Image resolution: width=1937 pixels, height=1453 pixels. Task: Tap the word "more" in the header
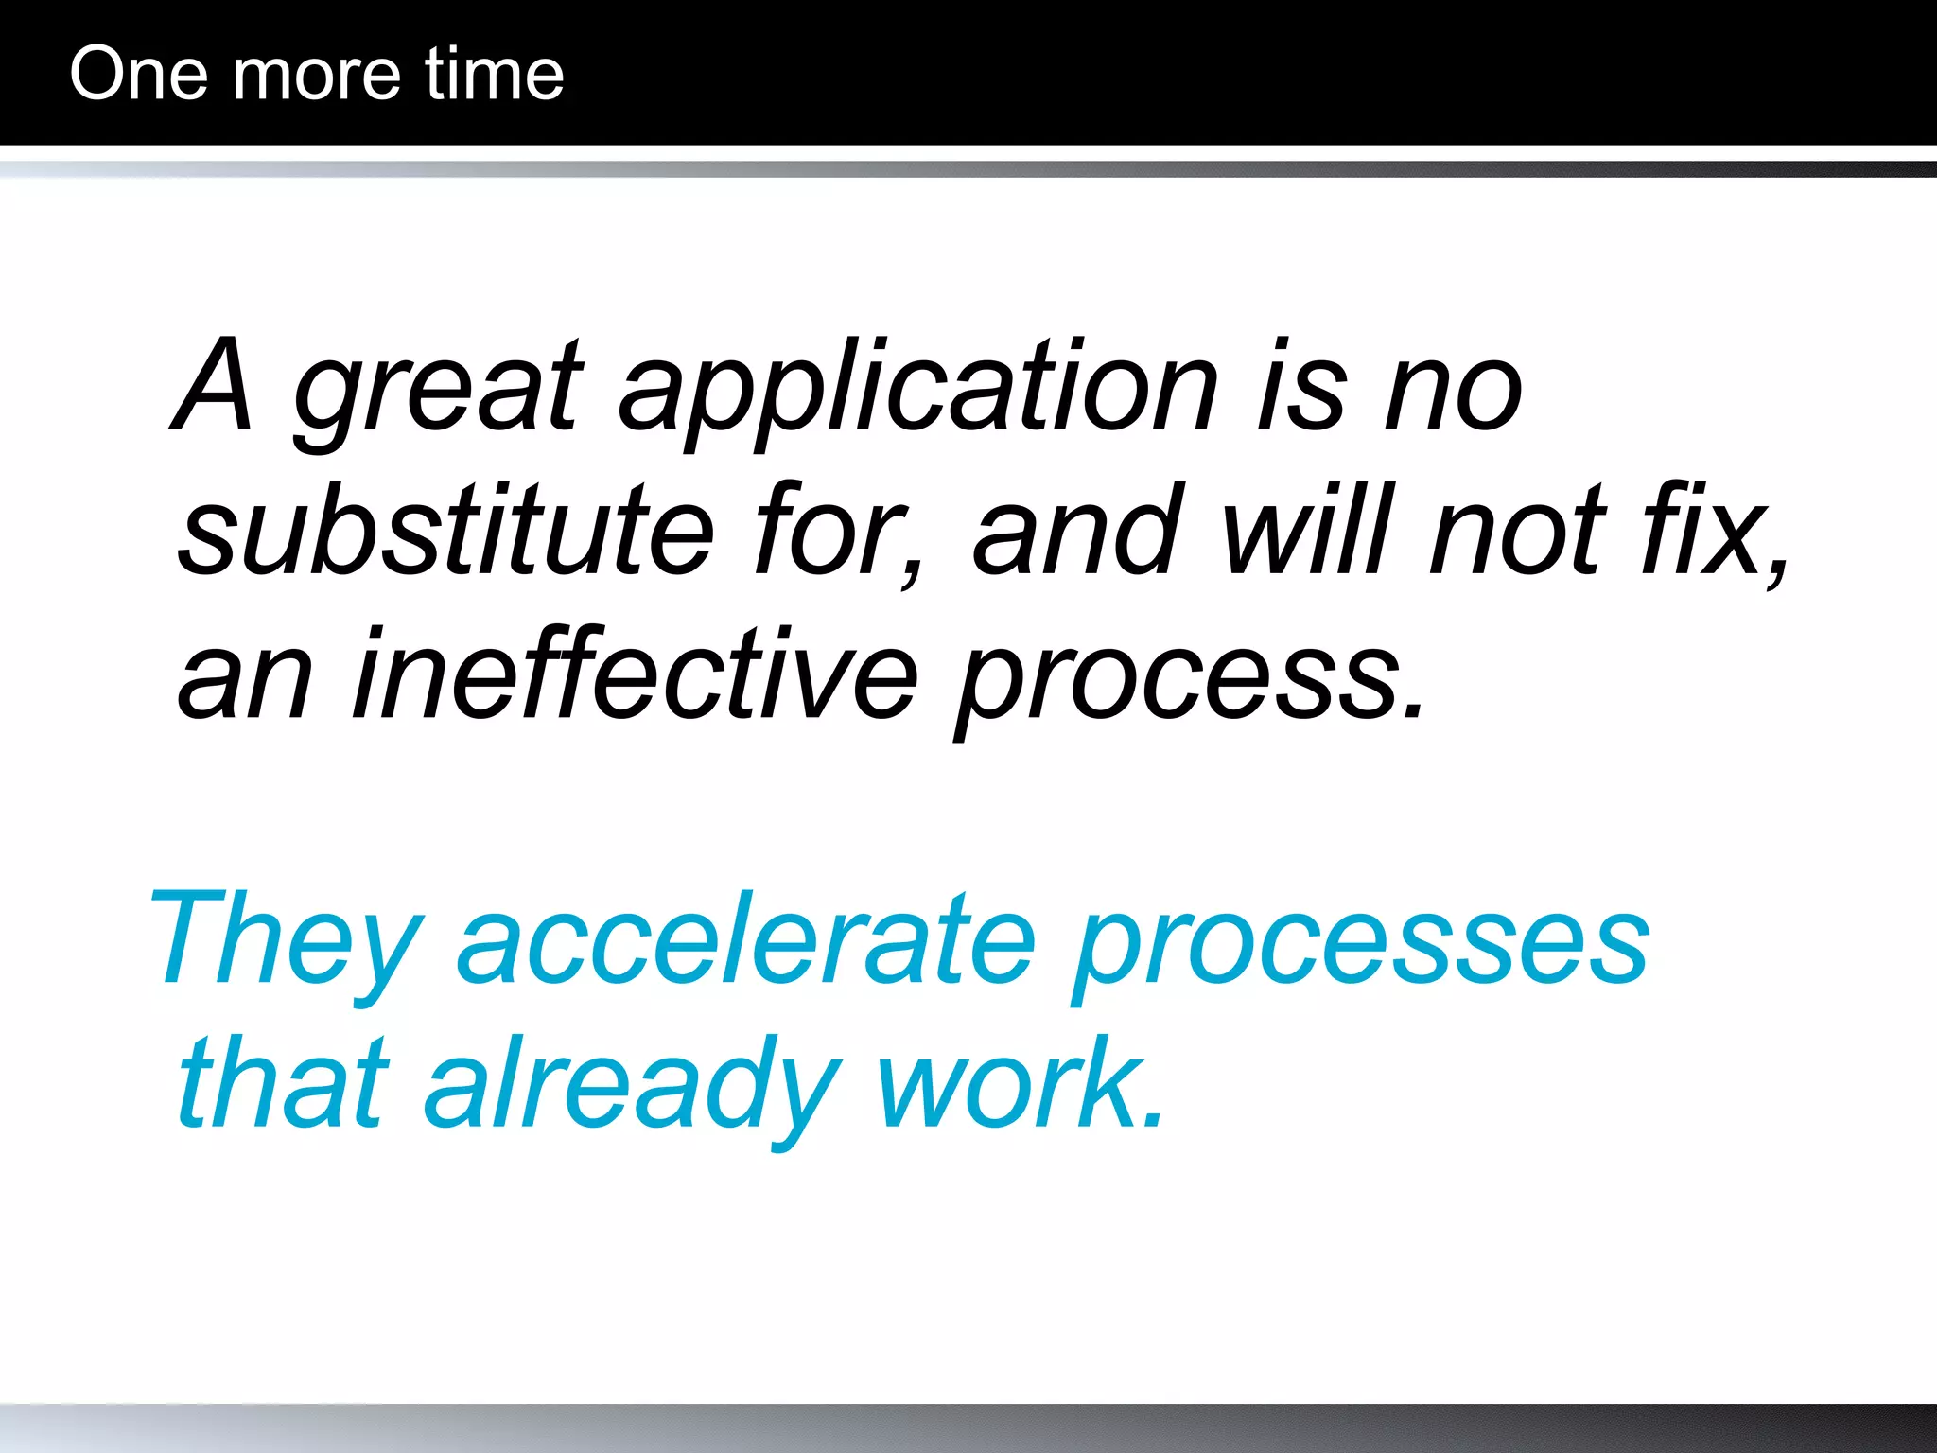point(316,76)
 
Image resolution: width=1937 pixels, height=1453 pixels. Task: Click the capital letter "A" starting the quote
point(214,386)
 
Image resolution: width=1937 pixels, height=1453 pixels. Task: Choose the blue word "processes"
point(1362,946)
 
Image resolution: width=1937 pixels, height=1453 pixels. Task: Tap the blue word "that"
point(284,1084)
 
